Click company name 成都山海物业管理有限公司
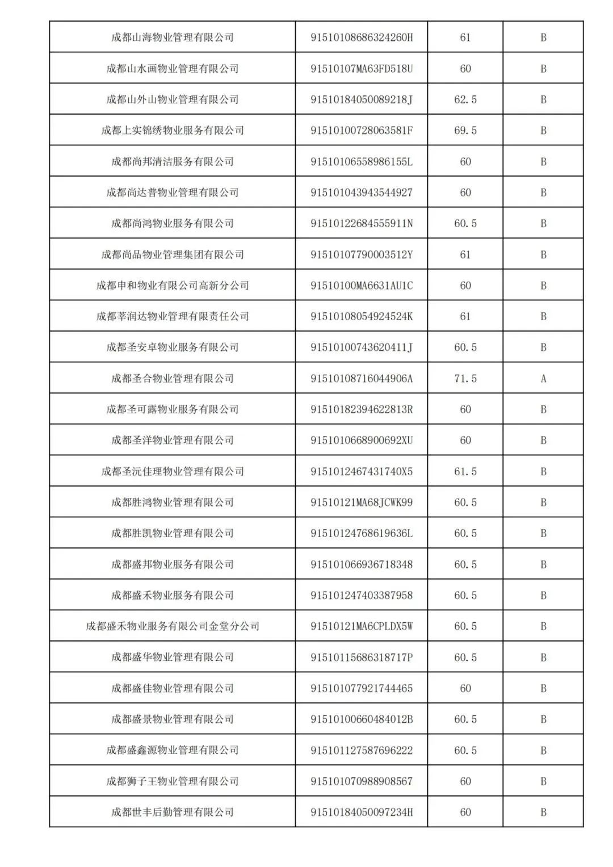pyautogui.click(x=173, y=37)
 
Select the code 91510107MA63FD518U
pyautogui.click(x=362, y=69)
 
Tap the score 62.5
pyautogui.click(x=465, y=99)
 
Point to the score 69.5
pyautogui.click(x=465, y=131)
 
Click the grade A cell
pyautogui.click(x=543, y=379)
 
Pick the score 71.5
pyautogui.click(x=465, y=379)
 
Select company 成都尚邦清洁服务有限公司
pyautogui.click(x=173, y=162)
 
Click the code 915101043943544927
pyautogui.click(x=362, y=192)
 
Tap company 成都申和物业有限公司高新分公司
pyautogui.click(x=173, y=286)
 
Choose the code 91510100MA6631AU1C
pyautogui.click(x=362, y=286)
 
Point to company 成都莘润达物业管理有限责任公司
pyautogui.click(x=173, y=316)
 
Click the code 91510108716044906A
pyautogui.click(x=362, y=379)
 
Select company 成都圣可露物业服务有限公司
pyautogui.click(x=173, y=409)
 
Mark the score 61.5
pyautogui.click(x=465, y=471)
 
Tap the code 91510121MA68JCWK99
pyautogui.click(x=362, y=502)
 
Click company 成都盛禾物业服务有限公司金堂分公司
pyautogui.click(x=173, y=626)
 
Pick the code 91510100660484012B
pyautogui.click(x=362, y=719)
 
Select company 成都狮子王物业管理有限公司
pyautogui.click(x=173, y=781)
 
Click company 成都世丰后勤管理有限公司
pyautogui.click(x=173, y=812)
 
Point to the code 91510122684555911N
pyautogui.click(x=362, y=224)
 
